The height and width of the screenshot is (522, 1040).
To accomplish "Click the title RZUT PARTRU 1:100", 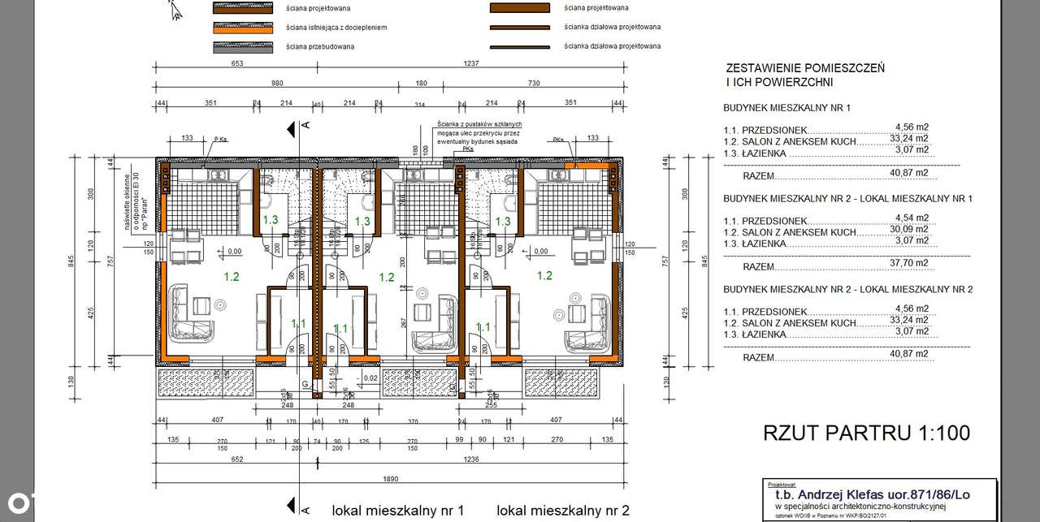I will click(x=866, y=434).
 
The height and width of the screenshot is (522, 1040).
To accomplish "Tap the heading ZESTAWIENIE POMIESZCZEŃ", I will click(x=804, y=68).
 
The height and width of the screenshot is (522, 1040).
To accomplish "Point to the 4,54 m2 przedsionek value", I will click(x=911, y=218).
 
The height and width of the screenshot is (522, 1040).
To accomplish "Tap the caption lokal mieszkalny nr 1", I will click(x=398, y=511).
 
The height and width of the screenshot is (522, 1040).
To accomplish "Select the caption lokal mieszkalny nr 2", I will click(x=563, y=511).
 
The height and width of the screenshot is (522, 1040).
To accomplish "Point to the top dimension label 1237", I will click(x=471, y=63).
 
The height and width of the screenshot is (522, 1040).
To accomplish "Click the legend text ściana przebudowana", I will click(x=320, y=46).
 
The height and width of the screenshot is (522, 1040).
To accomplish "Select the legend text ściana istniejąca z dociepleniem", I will click(x=336, y=27).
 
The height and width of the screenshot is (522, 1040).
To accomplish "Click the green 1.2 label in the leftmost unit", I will click(x=231, y=277).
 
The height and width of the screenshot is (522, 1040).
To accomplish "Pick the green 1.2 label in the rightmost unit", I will click(x=544, y=276).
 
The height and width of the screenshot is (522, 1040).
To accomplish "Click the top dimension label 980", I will click(x=278, y=84).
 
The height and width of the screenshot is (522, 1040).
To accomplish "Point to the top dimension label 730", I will click(x=534, y=84).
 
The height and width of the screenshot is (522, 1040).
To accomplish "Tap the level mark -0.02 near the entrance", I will click(x=370, y=377).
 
